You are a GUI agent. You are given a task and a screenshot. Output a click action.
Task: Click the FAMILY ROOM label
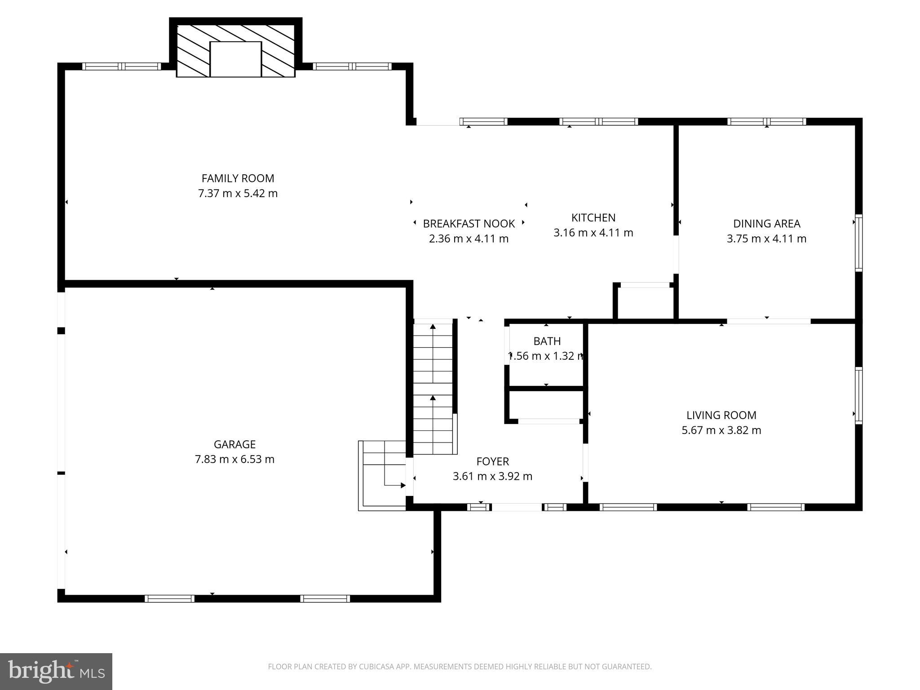[x=238, y=178]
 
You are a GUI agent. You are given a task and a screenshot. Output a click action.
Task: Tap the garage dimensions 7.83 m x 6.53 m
[x=234, y=459]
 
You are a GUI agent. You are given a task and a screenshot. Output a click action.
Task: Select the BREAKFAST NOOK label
[x=469, y=223]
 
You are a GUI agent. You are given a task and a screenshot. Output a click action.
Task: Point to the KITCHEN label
[x=593, y=217]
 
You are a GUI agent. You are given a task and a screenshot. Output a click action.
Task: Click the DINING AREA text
[x=766, y=223]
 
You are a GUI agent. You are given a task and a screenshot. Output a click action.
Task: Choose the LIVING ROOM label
[x=721, y=415]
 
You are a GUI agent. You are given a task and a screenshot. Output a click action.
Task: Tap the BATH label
[x=547, y=341]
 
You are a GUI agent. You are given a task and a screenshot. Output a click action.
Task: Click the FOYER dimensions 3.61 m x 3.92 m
[x=492, y=476]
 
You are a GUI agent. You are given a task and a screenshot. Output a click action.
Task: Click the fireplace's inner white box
[x=235, y=59]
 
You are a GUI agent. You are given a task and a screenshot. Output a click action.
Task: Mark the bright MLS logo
[x=56, y=671]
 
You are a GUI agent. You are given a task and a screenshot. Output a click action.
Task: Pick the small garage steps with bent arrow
[x=383, y=474]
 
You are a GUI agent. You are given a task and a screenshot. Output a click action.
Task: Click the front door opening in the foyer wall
[x=517, y=507]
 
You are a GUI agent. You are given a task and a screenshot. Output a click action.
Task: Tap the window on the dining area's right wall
[x=858, y=243]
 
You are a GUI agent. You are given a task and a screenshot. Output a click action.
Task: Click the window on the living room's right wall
[x=858, y=395]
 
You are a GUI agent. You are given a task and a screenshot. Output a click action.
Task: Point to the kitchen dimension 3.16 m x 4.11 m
[x=593, y=233]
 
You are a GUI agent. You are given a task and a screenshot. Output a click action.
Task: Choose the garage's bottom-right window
[x=325, y=598]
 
